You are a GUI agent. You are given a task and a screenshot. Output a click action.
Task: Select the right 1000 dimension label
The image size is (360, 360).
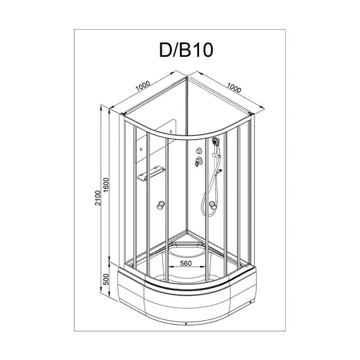(x=234, y=89)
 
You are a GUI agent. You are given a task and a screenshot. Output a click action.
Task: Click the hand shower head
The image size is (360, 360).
(x=215, y=144)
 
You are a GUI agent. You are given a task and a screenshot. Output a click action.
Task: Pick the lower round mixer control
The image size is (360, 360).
(x=196, y=162)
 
